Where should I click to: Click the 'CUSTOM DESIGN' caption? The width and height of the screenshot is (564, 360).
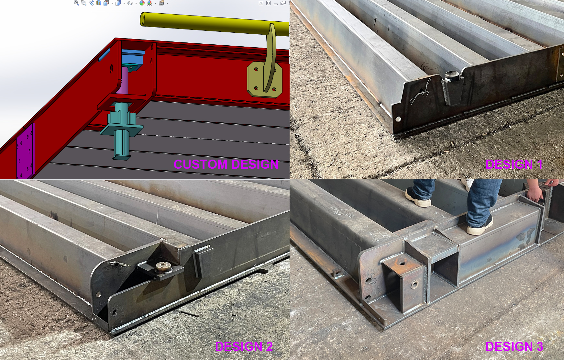click(x=226, y=164)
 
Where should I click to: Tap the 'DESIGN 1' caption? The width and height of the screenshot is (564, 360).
click(x=514, y=164)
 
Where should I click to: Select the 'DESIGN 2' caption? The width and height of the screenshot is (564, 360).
click(x=244, y=346)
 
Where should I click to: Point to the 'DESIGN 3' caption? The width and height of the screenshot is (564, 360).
click(x=514, y=346)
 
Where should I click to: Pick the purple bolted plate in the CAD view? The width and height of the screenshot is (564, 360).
click(x=25, y=151)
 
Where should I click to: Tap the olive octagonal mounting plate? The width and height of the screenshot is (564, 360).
click(x=264, y=79)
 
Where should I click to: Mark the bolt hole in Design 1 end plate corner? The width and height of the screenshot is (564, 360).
click(x=398, y=119)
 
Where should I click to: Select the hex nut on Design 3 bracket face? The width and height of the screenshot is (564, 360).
click(x=414, y=285)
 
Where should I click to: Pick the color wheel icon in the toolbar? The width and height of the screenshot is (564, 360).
click(x=142, y=3)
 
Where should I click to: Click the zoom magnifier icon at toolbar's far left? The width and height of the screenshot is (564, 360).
click(x=76, y=3)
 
